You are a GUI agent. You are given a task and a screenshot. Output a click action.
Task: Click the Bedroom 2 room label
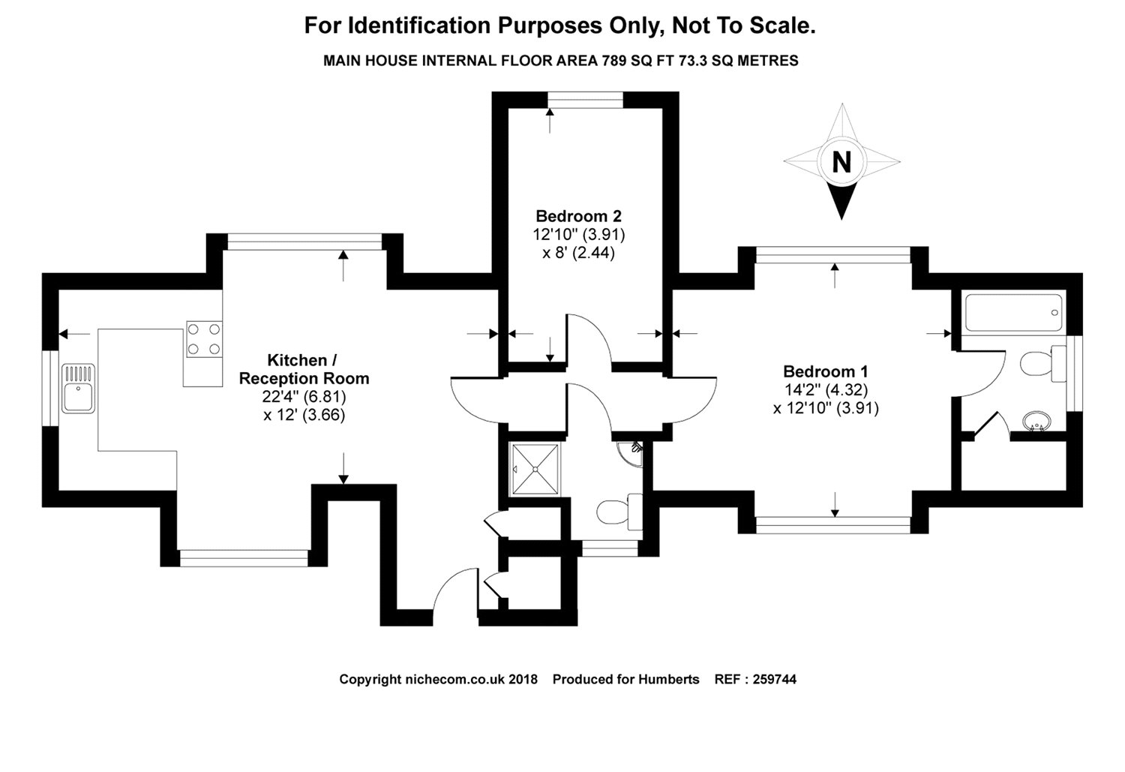point(578,216)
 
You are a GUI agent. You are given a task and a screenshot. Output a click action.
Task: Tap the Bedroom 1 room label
point(825,371)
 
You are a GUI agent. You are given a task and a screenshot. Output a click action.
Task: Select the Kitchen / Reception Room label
point(304,369)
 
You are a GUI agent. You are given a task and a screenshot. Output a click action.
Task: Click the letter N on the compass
point(841,162)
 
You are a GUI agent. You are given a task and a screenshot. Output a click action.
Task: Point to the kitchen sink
point(78,387)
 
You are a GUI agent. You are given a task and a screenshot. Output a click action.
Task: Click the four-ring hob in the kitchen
point(204,339)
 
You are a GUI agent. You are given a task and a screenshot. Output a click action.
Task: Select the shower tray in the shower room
point(536,469)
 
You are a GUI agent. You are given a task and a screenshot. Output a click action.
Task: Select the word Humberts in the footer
point(668,680)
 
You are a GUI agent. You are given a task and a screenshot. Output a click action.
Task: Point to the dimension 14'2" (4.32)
point(825,390)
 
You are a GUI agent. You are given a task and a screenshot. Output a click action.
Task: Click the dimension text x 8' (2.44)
point(578,254)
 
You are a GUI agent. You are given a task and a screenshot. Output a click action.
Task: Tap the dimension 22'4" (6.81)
point(304,396)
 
